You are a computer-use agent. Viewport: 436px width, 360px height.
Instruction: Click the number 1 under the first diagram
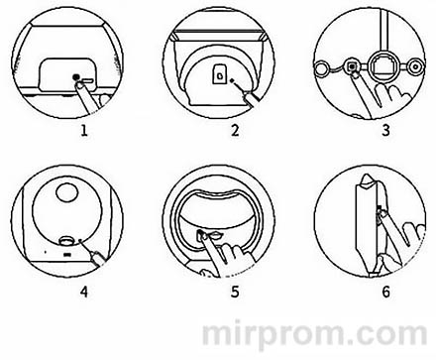point(84,131)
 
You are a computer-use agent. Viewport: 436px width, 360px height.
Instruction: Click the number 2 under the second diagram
point(235,130)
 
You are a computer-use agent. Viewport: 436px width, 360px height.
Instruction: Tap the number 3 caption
point(385,130)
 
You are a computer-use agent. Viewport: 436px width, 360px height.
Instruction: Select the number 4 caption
point(84,292)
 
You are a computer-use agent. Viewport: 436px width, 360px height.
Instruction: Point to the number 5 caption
point(235,292)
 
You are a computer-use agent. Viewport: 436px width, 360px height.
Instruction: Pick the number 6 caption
point(385,292)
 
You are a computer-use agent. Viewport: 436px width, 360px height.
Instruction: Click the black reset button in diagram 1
point(76,77)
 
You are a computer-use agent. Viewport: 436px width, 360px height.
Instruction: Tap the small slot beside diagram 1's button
point(87,80)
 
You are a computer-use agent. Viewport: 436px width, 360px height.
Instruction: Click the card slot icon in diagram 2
point(219,73)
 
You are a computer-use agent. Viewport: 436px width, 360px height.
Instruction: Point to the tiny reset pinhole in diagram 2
point(232,79)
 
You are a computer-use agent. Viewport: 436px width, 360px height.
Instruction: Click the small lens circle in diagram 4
point(67,190)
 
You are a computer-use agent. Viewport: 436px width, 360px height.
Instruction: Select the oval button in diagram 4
point(67,241)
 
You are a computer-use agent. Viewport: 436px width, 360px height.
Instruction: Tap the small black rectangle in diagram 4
point(67,255)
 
